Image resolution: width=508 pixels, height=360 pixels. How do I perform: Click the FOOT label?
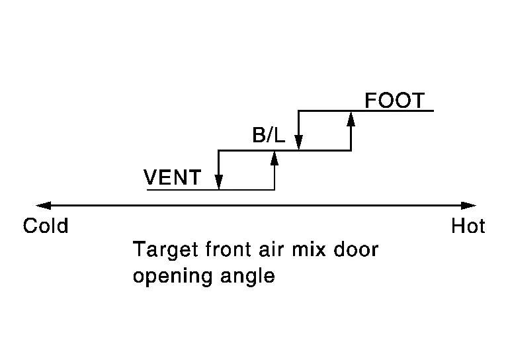(x=395, y=100)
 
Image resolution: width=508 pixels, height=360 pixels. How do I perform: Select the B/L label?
(x=269, y=135)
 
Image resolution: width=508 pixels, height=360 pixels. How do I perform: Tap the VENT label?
(x=173, y=177)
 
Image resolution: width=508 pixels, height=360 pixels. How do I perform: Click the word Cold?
(x=46, y=226)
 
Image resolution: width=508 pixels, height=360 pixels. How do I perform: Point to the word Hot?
(x=468, y=226)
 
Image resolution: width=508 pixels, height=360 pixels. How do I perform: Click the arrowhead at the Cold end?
(x=44, y=205)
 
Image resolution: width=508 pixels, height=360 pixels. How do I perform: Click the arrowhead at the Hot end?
(x=468, y=205)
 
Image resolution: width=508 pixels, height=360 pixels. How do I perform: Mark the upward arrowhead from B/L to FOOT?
(x=351, y=118)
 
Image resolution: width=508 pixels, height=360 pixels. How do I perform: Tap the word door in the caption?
(x=356, y=249)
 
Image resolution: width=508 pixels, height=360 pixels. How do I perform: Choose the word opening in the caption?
(x=173, y=277)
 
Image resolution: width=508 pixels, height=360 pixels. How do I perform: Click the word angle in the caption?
(x=248, y=277)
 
